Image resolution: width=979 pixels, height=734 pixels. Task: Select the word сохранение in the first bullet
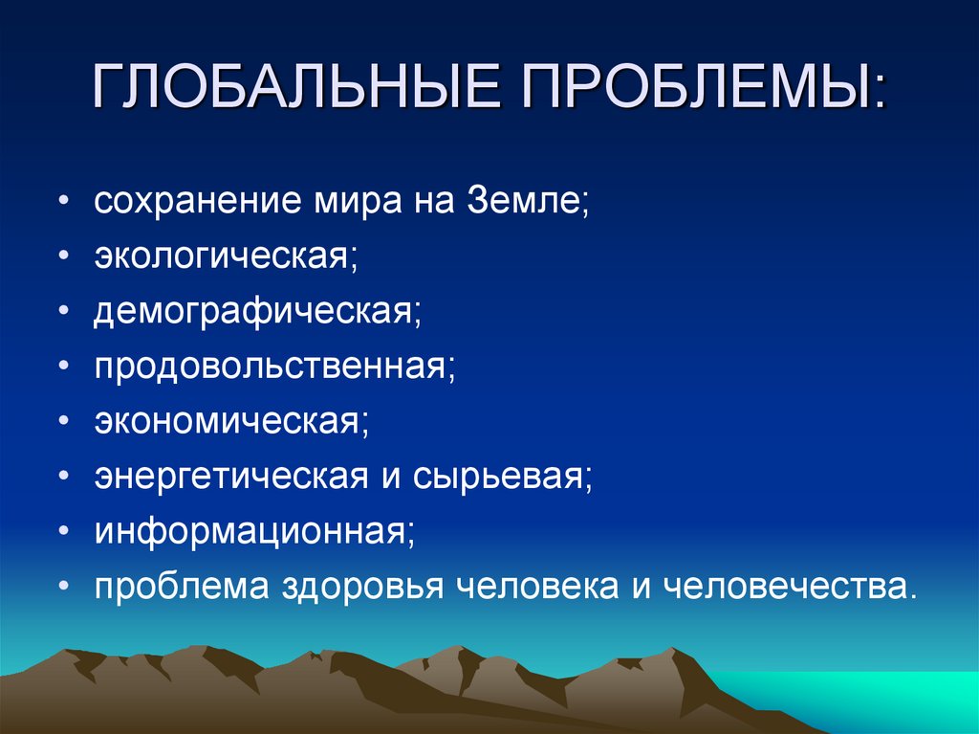195,205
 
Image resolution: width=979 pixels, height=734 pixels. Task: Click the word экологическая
224,258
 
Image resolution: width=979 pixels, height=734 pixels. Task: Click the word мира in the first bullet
356,205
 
